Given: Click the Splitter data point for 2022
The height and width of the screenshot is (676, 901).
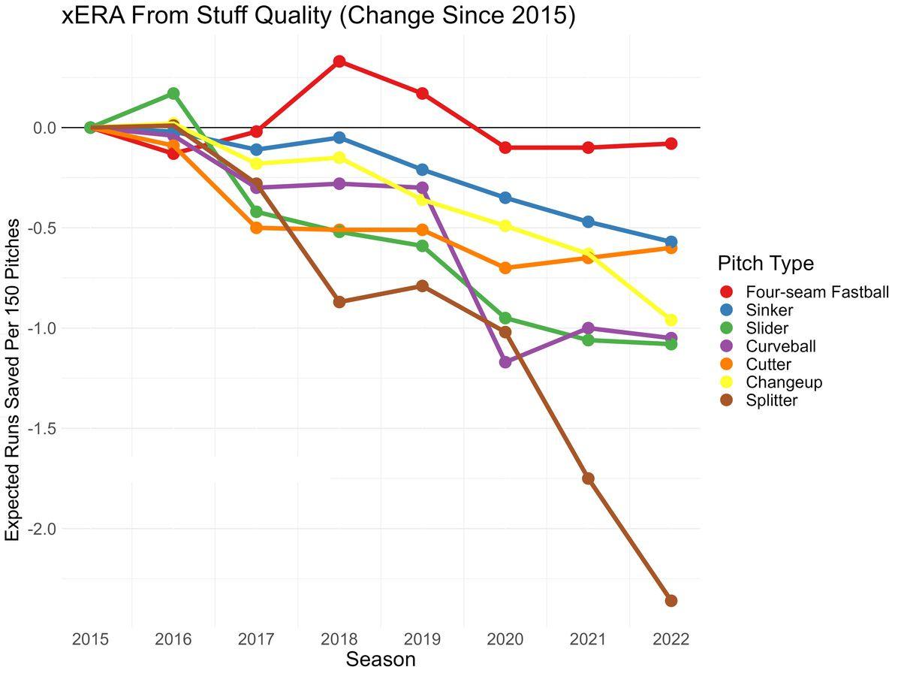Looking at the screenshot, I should point(670,600).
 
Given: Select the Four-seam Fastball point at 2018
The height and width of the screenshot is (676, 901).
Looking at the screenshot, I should point(339,61).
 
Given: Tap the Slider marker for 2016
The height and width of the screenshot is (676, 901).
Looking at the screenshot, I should point(173,93).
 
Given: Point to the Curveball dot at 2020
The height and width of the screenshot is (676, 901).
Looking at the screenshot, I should point(505,362).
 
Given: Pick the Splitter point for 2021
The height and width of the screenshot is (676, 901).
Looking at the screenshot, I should point(588,478).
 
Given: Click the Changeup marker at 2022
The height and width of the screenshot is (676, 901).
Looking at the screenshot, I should point(670,320).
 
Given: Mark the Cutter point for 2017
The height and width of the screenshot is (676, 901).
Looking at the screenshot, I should point(256,228).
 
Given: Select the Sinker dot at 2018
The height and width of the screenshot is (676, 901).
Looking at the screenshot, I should point(339,137).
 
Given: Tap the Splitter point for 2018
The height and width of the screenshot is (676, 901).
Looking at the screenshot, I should point(339,301).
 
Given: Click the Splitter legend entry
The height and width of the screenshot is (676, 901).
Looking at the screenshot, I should point(771,400).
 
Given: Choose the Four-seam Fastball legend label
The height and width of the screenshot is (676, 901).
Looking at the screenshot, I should point(817,292).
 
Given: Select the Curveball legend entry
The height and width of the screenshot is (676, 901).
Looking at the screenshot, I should point(780,346).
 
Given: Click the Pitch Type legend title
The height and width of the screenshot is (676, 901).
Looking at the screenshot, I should point(766,264).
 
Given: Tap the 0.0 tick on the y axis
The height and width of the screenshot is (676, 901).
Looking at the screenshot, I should point(44,128).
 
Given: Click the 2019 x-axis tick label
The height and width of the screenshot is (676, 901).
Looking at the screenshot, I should point(422,640).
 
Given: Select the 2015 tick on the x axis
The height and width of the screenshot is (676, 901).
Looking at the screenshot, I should point(90,640).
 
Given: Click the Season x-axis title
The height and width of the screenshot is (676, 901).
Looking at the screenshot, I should point(380,660).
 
